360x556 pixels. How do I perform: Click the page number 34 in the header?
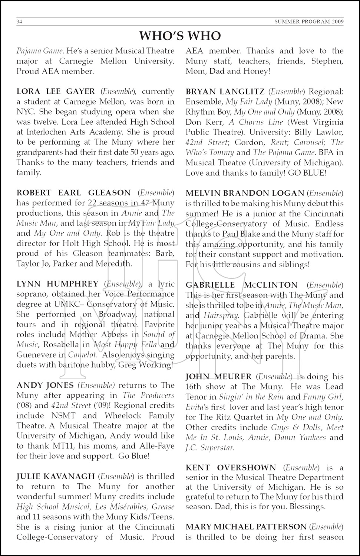pos(20,22)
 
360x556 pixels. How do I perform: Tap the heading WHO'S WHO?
pos(180,36)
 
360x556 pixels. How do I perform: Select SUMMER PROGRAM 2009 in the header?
pos(309,22)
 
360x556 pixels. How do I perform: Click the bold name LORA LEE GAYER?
pos(56,92)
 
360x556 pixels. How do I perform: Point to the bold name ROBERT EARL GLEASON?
pos(74,193)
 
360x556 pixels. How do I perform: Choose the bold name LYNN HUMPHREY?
pos(57,284)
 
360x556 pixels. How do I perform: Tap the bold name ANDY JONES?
pos(45,385)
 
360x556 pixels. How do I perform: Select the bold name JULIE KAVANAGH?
pos(56,476)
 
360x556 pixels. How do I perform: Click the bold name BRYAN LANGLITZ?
pos(225,92)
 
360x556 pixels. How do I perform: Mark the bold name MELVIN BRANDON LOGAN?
pos(245,193)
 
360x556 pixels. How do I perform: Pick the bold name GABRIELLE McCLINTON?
pos(242,285)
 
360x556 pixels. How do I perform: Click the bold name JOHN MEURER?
pos(219,377)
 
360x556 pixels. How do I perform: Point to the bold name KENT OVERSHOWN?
pos(231,468)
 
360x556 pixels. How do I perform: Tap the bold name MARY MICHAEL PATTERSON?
pos(246,527)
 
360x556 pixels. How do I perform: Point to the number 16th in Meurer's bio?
pos(193,387)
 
